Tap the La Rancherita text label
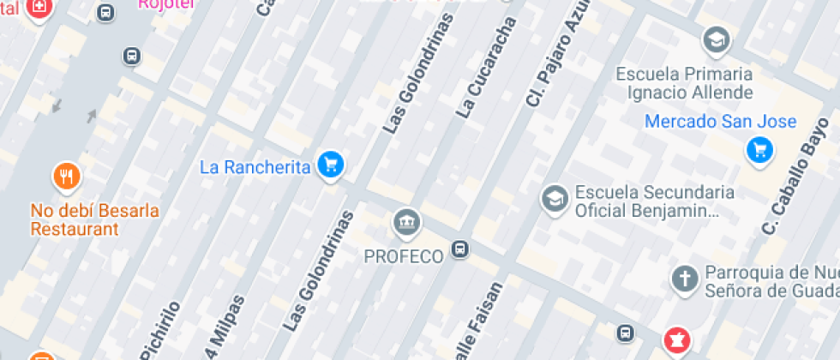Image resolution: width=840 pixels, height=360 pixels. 255,167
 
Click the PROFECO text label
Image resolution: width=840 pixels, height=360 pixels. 403,255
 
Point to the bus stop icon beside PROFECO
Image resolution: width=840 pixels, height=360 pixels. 460,249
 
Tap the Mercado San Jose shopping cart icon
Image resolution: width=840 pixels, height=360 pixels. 758,150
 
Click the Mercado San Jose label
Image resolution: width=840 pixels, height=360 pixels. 720,122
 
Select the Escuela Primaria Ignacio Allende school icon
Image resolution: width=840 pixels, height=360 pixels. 715,39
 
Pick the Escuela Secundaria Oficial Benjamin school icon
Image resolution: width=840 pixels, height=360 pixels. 555,199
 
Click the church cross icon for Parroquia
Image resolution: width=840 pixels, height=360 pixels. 684,279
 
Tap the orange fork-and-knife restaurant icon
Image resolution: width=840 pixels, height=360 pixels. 67,177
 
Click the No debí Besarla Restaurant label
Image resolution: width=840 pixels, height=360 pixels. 94,219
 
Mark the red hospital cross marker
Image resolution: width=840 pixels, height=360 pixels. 39,8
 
